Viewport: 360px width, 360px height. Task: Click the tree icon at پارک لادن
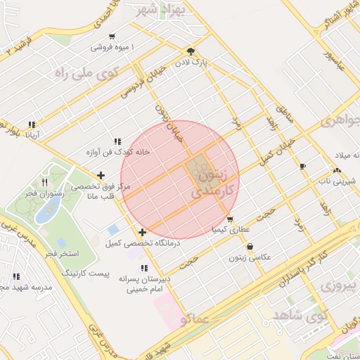(x=191, y=51)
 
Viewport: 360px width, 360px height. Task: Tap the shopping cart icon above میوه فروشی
(x=112, y=37)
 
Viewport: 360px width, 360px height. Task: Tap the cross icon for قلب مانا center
(x=102, y=175)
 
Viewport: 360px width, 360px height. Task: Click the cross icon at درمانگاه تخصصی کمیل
(x=143, y=232)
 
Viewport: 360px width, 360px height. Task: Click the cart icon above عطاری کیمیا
(x=230, y=219)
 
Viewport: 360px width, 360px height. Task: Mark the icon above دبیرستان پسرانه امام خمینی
(x=144, y=268)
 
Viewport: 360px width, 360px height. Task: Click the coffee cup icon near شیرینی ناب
(x=303, y=167)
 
